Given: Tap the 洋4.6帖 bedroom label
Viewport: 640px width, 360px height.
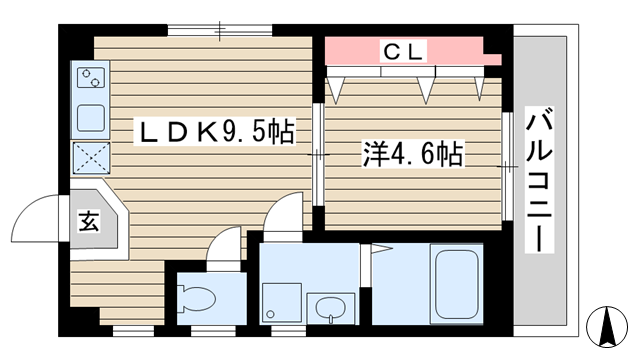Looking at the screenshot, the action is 413,154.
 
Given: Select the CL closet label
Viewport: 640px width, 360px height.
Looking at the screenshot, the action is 403,51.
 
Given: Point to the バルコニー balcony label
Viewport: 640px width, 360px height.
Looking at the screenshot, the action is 539,180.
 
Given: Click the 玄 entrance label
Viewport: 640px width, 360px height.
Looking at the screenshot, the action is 89,221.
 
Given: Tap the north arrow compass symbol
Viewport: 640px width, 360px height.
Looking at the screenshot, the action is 607,326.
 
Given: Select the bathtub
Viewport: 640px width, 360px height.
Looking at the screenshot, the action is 456,284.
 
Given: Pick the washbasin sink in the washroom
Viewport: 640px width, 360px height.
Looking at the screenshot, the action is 331,308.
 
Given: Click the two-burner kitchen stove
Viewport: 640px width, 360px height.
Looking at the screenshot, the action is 91,78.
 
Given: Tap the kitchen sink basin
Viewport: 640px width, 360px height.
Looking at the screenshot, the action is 91,118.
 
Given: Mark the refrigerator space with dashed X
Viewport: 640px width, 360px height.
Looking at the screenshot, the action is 91,158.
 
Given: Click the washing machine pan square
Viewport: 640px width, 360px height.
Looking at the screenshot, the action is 282,302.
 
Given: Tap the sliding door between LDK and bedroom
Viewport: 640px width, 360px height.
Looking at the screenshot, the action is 318,155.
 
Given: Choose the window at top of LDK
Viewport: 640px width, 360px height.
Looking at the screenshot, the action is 220,31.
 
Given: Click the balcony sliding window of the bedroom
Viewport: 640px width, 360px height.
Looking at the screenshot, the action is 507,167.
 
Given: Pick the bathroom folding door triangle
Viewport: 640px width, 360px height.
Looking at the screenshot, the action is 381,248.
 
